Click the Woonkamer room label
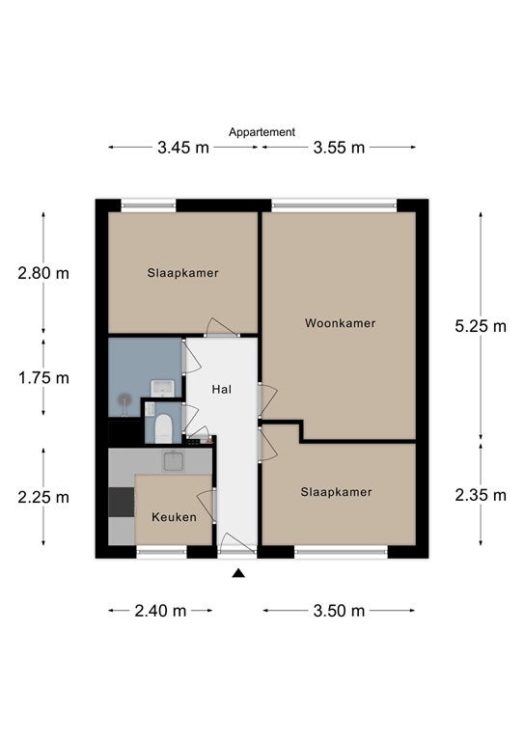(x=341, y=323)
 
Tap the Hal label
(x=222, y=390)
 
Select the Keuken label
(x=174, y=517)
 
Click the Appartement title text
(x=262, y=132)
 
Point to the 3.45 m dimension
(x=183, y=148)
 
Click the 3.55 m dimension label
(x=339, y=148)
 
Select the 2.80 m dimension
(x=43, y=273)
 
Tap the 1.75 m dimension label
(x=43, y=378)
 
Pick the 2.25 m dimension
(x=43, y=497)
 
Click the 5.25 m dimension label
(x=481, y=326)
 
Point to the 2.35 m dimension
(x=481, y=495)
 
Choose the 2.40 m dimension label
(x=160, y=611)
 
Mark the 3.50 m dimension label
(x=339, y=611)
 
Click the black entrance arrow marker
(x=238, y=573)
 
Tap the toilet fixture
(x=163, y=428)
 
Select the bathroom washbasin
(x=162, y=389)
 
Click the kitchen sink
(x=174, y=461)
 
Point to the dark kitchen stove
(x=122, y=502)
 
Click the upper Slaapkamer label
(x=182, y=273)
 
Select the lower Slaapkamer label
(x=336, y=492)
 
